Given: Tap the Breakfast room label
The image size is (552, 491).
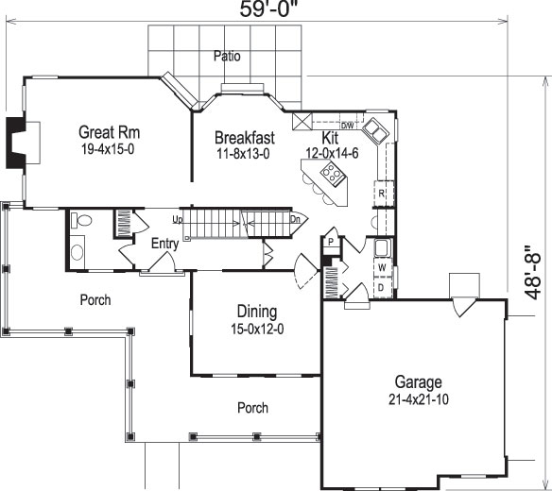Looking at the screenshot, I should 244,137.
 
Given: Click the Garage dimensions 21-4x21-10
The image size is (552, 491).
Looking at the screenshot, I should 419,399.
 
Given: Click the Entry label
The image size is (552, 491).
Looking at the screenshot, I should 164,244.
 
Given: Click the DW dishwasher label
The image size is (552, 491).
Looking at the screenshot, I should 347,126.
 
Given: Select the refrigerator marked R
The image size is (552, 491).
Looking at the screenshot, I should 381,194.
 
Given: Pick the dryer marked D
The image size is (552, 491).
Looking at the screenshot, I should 381,286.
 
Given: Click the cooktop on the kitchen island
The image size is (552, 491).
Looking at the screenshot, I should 333,173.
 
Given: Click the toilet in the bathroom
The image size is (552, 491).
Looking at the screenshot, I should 81,222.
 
